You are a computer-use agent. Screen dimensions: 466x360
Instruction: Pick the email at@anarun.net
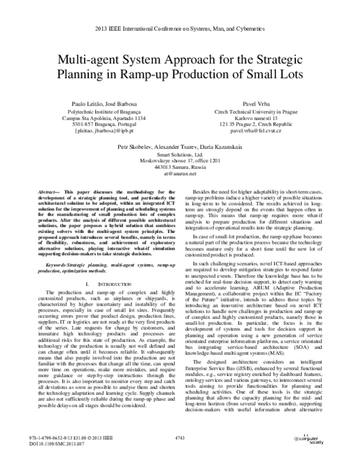coord(179,174)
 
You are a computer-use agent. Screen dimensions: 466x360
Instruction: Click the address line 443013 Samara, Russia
coord(179,167)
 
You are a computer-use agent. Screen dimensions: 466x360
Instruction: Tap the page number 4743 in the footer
coord(179,440)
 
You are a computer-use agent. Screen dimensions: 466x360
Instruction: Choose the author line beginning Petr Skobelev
coord(179,145)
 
